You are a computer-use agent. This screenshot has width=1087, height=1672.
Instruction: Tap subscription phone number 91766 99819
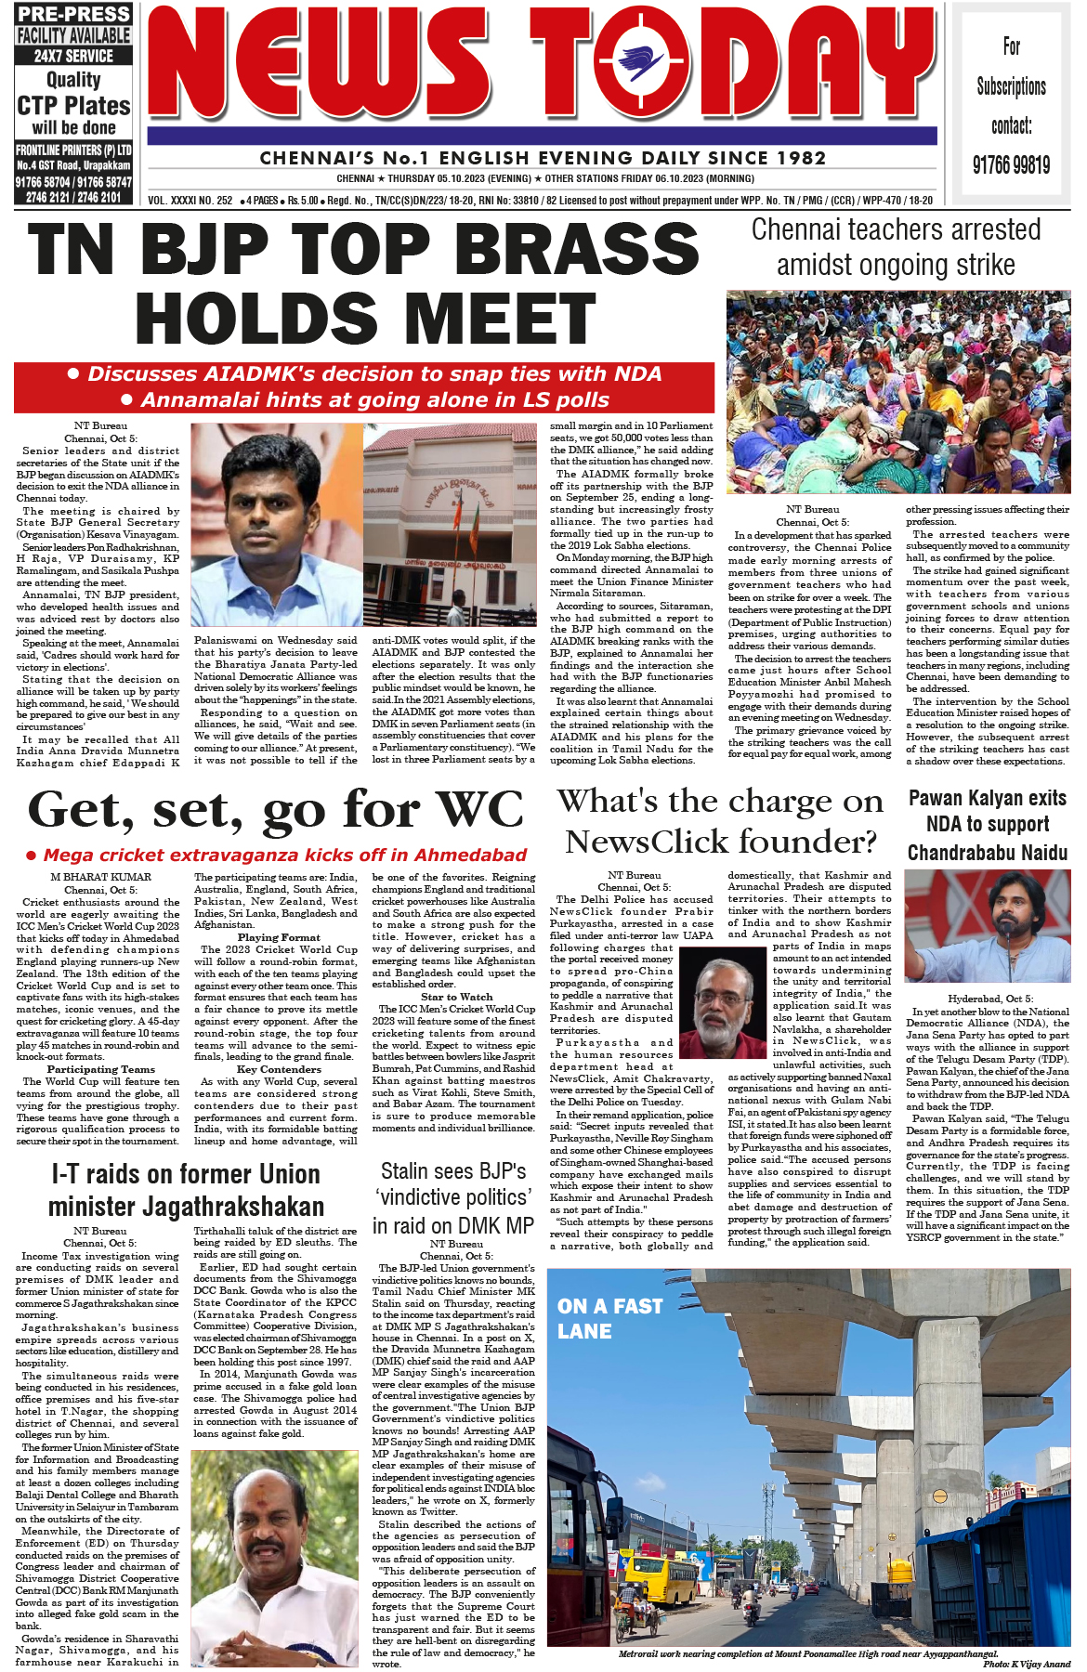coord(1012,165)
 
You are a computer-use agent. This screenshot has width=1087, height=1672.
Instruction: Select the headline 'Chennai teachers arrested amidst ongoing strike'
coord(896,247)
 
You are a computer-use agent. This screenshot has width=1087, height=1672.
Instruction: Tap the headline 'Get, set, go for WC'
coord(276,810)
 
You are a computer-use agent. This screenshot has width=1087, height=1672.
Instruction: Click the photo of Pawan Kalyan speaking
coord(987,926)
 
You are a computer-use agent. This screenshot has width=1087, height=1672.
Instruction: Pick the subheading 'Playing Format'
coord(279,937)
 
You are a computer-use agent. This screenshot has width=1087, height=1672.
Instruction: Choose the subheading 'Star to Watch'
coord(456,997)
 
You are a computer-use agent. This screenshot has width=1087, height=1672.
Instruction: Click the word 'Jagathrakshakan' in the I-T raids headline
coord(186,1207)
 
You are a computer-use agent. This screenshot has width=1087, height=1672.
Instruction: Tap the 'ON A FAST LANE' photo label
coord(609,1318)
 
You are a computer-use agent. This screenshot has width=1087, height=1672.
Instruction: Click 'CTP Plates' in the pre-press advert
coord(73,106)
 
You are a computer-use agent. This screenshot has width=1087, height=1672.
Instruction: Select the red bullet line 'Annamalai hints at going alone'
coord(364,399)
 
